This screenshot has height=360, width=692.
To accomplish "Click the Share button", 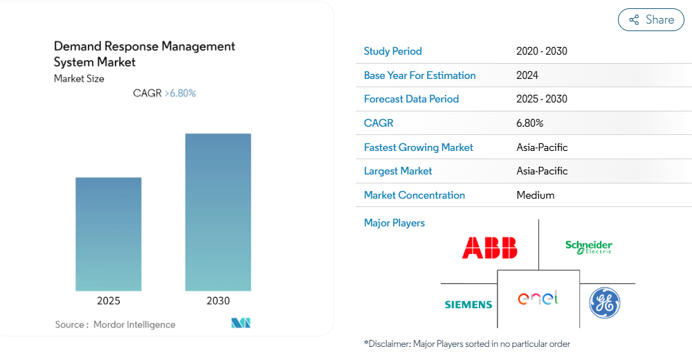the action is (651, 20).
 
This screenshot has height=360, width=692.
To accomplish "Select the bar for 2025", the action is (109, 234).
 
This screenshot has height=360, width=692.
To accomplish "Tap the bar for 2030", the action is (218, 212).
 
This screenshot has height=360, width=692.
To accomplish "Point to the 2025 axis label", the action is (109, 301).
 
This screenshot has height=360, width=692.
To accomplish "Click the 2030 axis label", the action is (218, 301).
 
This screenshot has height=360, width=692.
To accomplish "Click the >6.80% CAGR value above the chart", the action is (180, 93).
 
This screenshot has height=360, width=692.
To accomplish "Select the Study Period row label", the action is (393, 51).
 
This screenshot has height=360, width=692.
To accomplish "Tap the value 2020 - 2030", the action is (542, 51).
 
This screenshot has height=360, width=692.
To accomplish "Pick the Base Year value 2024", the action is (527, 75).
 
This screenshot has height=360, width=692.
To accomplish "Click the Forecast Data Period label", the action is (411, 99).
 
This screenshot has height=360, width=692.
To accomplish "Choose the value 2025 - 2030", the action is (542, 99).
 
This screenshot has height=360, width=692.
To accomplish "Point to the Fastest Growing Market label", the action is (419, 147).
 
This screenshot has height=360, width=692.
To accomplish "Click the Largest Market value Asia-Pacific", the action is (542, 171).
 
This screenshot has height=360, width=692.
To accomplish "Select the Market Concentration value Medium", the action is (536, 195).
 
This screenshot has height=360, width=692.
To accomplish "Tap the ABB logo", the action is (490, 248).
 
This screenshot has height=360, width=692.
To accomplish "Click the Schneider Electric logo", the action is (589, 247).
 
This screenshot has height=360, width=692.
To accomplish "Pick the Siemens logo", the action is (468, 305).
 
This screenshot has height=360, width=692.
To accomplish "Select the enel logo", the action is (538, 298).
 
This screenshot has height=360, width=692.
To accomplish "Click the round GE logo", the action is (605, 303).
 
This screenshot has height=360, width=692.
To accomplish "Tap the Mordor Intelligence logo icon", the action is (241, 323).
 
